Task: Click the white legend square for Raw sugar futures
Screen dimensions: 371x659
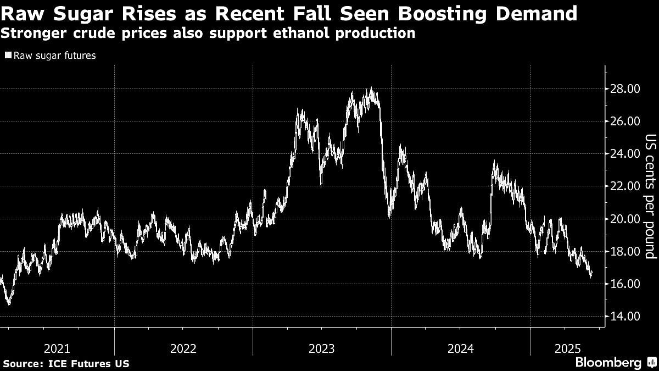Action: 8,56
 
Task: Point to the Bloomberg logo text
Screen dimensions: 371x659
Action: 608,363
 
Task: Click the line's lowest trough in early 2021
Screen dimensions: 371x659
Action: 8,303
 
